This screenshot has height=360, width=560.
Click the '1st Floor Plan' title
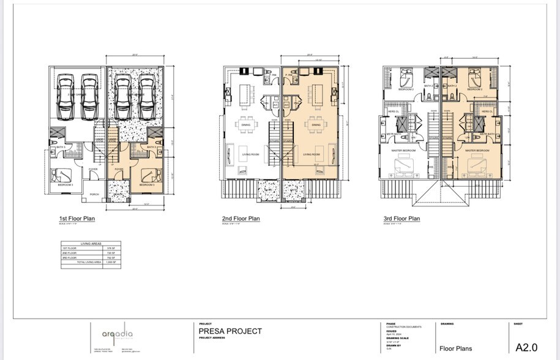pyautogui.click(x=77, y=219)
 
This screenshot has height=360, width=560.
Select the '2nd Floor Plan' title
pyautogui.click(x=241, y=219)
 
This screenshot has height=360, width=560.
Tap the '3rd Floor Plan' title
pyautogui.click(x=401, y=219)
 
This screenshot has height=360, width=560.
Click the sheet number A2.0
pyautogui.click(x=526, y=348)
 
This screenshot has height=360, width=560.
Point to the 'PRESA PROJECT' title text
pyautogui.click(x=230, y=331)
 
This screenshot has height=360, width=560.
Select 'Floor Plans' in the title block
pyautogui.click(x=456, y=349)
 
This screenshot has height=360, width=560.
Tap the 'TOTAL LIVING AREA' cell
pyautogui.click(x=89, y=261)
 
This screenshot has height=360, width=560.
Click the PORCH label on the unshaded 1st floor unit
pyautogui.click(x=94, y=195)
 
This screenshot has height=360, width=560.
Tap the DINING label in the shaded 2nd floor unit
pyautogui.click(x=316, y=125)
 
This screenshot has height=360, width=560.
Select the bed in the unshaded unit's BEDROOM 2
pyautogui.click(x=406, y=78)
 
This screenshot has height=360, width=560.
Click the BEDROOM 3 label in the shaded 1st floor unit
pyautogui.click(x=146, y=184)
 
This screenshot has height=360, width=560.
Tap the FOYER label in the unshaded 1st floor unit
pyautogui.click(x=93, y=170)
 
